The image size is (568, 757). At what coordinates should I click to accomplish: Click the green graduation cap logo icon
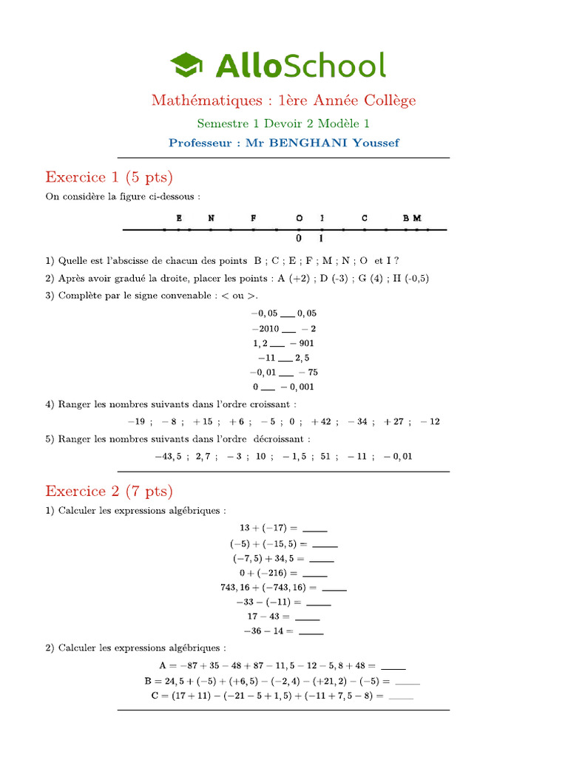[189, 65]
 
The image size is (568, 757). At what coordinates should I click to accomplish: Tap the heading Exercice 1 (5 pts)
[109, 177]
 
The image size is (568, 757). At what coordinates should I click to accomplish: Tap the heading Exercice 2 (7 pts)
[109, 491]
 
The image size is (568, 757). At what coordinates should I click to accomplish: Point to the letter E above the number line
[179, 218]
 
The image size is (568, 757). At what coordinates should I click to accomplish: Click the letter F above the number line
[254, 218]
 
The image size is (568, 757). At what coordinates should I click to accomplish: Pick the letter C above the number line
[365, 218]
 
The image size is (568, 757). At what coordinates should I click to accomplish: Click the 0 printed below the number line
[299, 239]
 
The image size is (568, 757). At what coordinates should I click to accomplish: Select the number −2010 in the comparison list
[266, 328]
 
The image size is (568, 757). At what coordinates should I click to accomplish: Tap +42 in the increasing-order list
[321, 421]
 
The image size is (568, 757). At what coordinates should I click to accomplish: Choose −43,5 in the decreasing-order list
[168, 456]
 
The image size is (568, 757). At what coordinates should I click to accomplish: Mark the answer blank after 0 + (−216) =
[315, 574]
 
